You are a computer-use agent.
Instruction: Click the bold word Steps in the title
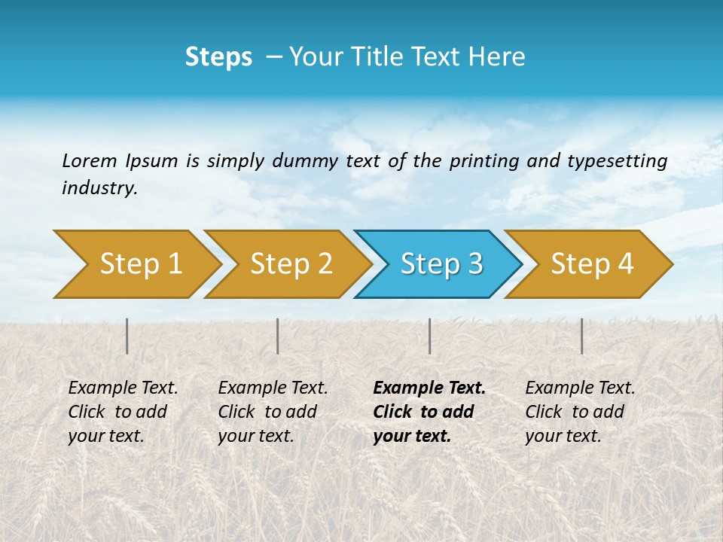(218, 57)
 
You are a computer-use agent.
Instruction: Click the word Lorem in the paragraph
(90, 161)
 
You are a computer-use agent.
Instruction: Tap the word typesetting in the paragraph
(617, 161)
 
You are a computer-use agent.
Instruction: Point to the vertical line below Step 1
(127, 336)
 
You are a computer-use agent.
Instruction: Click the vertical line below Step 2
(278, 336)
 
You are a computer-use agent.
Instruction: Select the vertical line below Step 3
(429, 336)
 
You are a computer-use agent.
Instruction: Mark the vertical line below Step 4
(581, 336)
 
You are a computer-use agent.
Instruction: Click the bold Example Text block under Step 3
(429, 412)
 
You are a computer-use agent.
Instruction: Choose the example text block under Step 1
(123, 412)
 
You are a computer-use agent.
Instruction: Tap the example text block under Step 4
(580, 412)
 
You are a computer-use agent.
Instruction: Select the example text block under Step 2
(273, 412)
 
